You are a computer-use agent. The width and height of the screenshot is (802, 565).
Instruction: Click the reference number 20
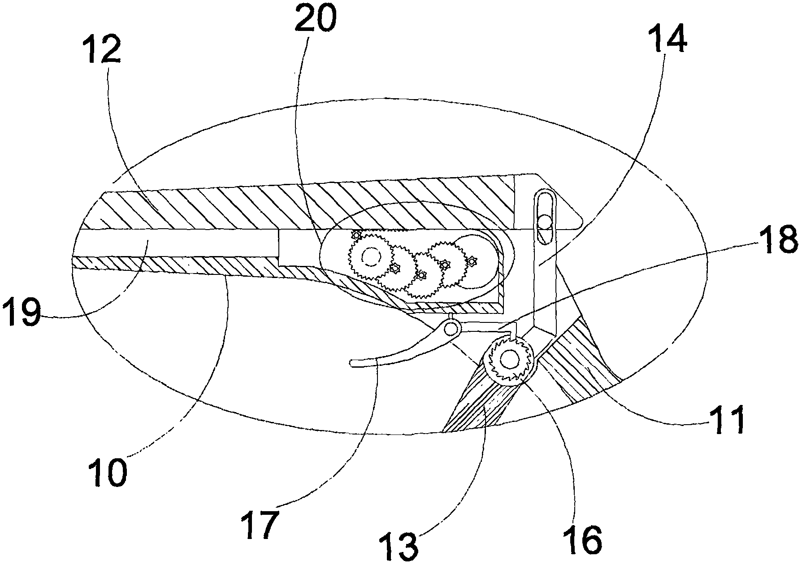[315, 17]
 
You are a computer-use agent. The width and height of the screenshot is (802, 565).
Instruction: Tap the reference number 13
[398, 544]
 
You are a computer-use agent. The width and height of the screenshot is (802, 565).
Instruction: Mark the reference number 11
[727, 420]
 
